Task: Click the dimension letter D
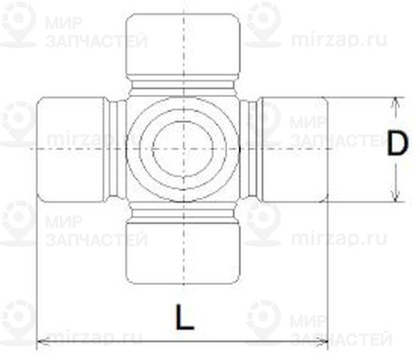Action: click(x=397, y=144)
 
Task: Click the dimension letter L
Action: click(x=185, y=317)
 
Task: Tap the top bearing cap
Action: click(x=183, y=44)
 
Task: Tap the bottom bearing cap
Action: click(x=183, y=253)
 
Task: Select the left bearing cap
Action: click(x=71, y=149)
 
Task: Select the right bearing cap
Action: click(x=295, y=149)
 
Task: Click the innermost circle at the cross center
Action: click(x=183, y=149)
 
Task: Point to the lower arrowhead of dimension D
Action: click(x=395, y=196)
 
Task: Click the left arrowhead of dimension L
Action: click(x=43, y=341)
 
